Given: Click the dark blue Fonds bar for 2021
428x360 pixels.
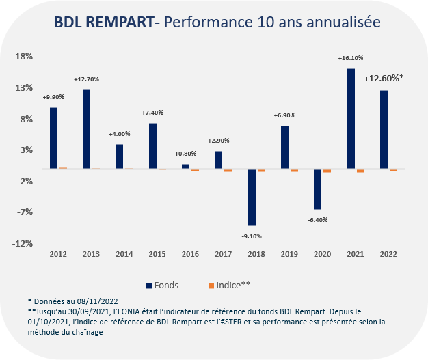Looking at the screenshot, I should coord(351,118).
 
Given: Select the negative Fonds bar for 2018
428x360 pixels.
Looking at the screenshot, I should coord(252,197).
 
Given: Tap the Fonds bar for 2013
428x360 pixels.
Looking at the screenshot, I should coord(87,129).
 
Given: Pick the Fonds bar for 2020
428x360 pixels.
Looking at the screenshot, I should coord(318,189).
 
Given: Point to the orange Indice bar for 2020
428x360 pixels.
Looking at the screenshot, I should coord(327,170).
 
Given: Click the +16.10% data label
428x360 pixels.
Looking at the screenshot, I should coord(350,59).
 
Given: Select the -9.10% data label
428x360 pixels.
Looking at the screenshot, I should coord(252,236).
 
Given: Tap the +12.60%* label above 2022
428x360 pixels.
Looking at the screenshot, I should coord(384,79).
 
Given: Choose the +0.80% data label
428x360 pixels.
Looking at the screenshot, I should coord(186,154).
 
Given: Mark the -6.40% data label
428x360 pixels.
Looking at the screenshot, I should coord(318,219).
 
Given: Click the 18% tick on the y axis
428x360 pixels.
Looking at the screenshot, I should coord(24,56).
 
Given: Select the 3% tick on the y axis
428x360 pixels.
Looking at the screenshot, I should coord(26,150).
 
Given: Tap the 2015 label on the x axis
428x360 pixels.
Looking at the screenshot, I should coord(158,253).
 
